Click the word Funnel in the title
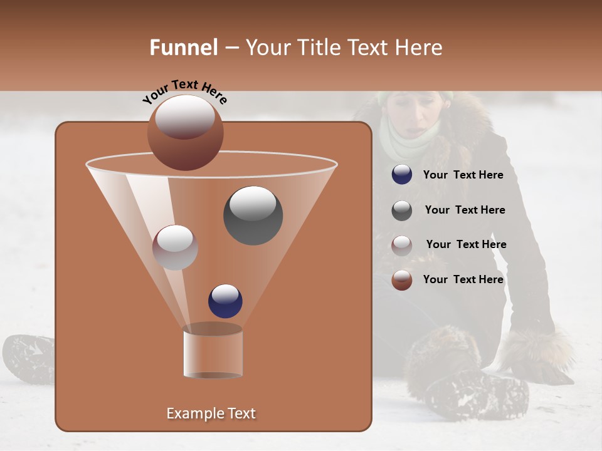pos(183,48)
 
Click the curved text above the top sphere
pos(184,91)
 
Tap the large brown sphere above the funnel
pos(185,132)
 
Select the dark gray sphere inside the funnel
pos(253,215)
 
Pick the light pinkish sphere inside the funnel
pos(175,247)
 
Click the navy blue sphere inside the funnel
pos(225,301)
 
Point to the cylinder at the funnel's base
pos(213,352)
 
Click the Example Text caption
pos(211,413)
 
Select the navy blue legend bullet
pos(402,175)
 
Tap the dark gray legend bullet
pos(402,210)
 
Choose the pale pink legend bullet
pos(402,245)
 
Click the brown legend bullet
pos(402,280)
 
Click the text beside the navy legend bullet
pos(463,175)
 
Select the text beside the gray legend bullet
pos(465,210)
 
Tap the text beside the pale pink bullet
pos(466,244)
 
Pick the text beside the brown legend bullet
pos(463,279)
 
